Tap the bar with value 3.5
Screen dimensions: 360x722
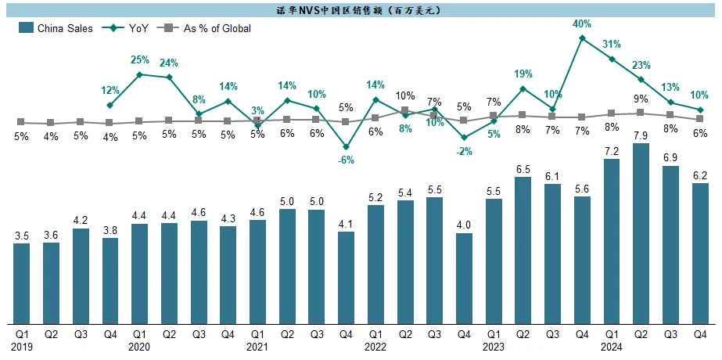tap(22, 283)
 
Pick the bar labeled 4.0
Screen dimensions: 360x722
tap(464, 278)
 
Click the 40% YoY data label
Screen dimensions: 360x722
tap(582, 24)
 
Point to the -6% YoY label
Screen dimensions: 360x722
tap(346, 160)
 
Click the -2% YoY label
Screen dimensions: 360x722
tap(464, 152)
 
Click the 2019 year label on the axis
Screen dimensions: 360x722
tap(22, 346)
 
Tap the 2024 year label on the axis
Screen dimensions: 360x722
tap(612, 346)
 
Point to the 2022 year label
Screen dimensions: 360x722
tap(375, 346)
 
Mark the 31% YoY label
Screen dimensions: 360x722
tap(612, 45)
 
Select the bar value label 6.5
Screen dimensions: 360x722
tap(523, 168)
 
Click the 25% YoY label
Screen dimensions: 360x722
tap(140, 60)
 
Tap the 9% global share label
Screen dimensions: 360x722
tap(641, 99)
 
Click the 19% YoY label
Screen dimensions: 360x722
tap(523, 74)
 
